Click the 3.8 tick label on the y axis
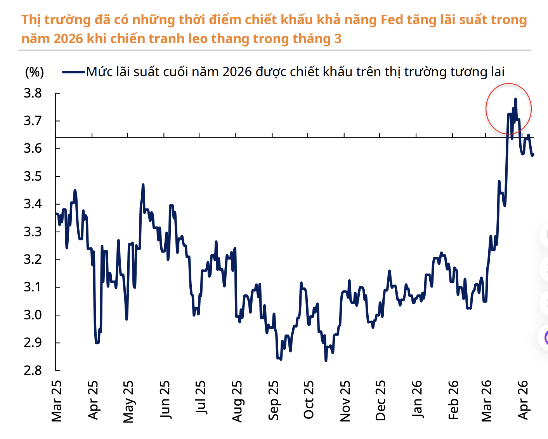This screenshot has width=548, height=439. [33, 93]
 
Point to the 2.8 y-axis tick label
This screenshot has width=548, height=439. [33, 370]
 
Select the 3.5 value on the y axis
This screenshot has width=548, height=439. [33, 176]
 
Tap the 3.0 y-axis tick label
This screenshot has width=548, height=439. [33, 315]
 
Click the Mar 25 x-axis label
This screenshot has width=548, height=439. [57, 401]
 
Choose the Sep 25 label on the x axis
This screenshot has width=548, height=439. [274, 400]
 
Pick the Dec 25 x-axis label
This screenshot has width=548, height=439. [381, 400]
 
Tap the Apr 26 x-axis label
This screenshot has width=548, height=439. [524, 400]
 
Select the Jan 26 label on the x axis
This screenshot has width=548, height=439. [417, 399]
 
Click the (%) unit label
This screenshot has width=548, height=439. [34, 72]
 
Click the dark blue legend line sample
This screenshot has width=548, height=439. [73, 72]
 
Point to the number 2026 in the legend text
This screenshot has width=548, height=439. [237, 72]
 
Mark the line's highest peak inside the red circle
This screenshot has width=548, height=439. [515, 99]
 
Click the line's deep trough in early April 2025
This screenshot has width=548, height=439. [97, 343]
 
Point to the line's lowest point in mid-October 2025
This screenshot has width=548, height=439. [326, 361]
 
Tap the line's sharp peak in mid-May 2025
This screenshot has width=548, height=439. [143, 185]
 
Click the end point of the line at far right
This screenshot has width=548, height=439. [533, 155]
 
